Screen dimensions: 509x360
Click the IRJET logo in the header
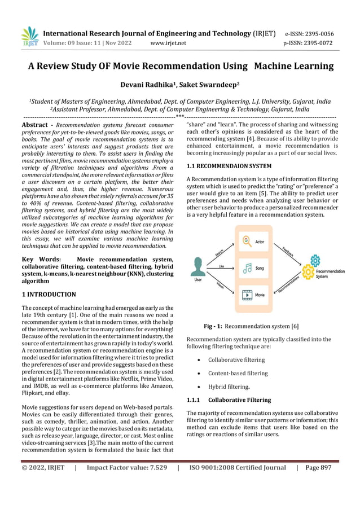(x=29, y=37)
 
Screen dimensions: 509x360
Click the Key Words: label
(x=41, y=260)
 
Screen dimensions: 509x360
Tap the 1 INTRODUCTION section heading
(x=49, y=295)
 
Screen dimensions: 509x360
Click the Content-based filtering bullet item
(x=238, y=373)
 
